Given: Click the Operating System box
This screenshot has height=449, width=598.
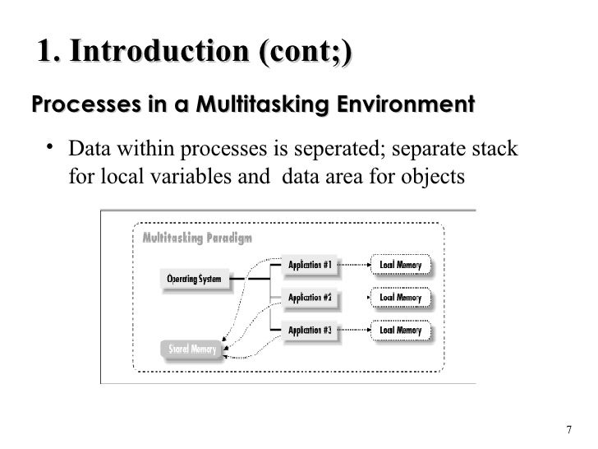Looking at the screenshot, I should [194, 280].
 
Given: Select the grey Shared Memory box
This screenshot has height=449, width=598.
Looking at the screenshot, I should [191, 349].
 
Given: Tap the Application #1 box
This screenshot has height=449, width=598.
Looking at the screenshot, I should [310, 265].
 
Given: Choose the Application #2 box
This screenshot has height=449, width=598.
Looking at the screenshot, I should [310, 298].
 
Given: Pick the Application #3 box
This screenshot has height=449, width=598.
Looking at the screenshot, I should [310, 331].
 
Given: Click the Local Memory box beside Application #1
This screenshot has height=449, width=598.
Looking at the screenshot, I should [400, 265].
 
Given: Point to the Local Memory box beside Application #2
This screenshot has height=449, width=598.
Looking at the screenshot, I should [400, 298].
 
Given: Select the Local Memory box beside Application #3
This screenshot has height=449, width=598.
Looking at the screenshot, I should [400, 331].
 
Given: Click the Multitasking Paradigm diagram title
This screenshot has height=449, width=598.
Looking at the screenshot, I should [197, 238].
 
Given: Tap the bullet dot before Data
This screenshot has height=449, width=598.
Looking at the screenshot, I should [51, 149].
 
